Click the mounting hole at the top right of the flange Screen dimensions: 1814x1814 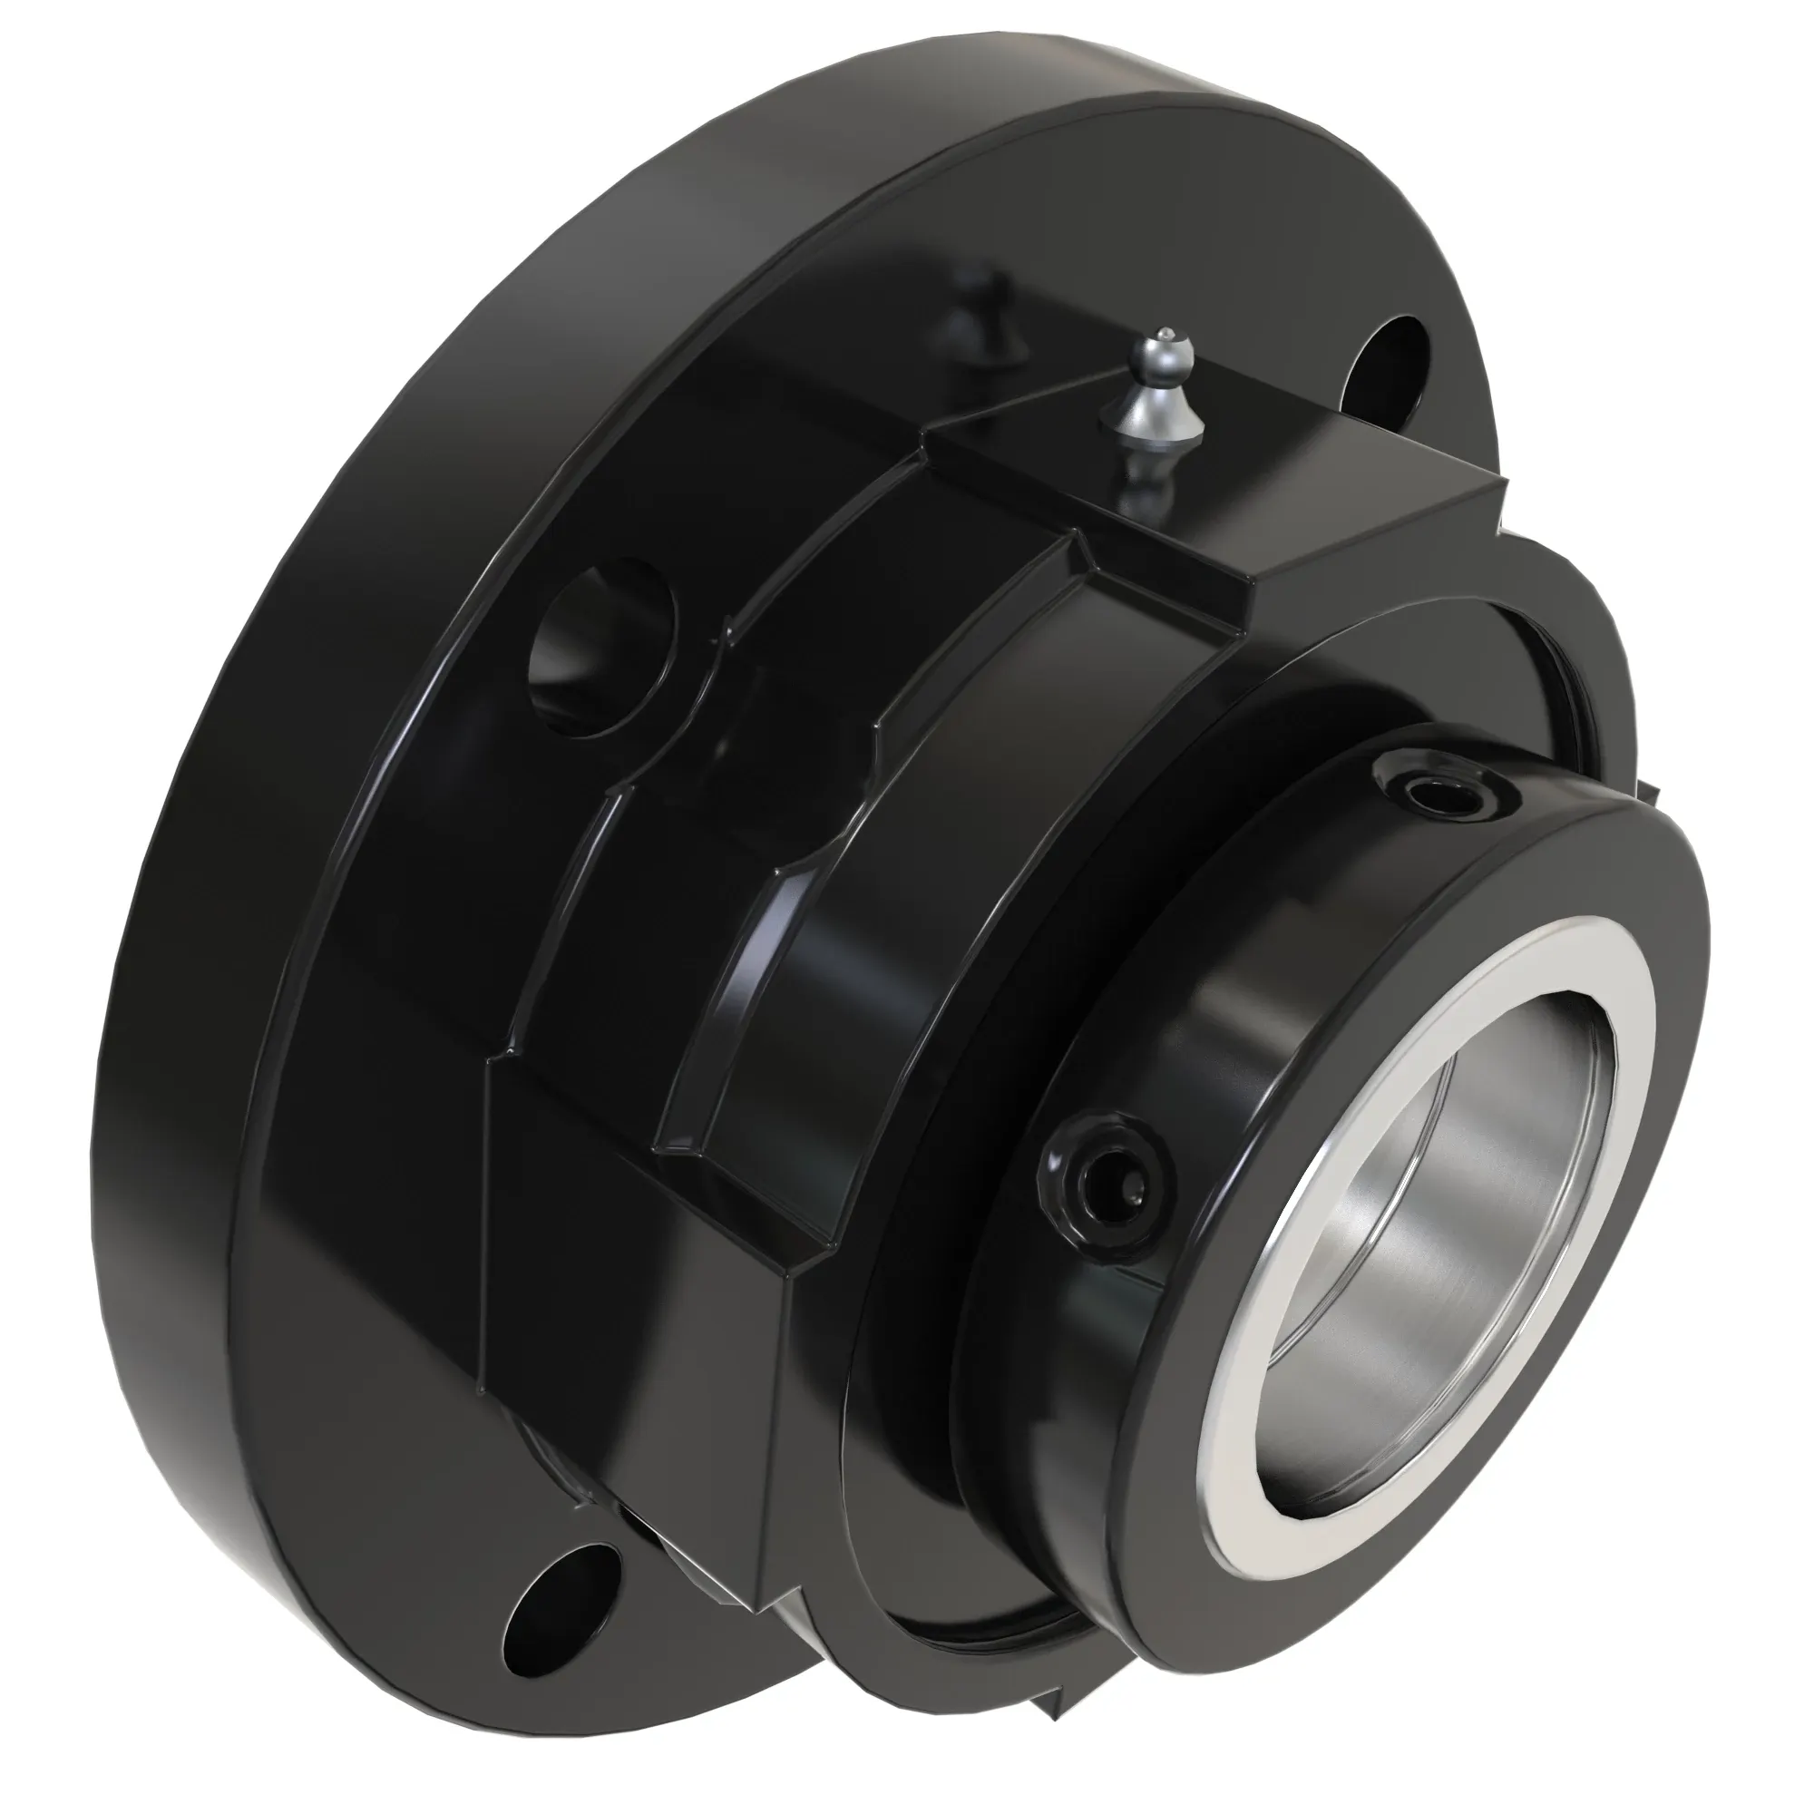1386,366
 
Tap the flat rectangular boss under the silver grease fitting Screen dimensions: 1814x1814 1249,488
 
